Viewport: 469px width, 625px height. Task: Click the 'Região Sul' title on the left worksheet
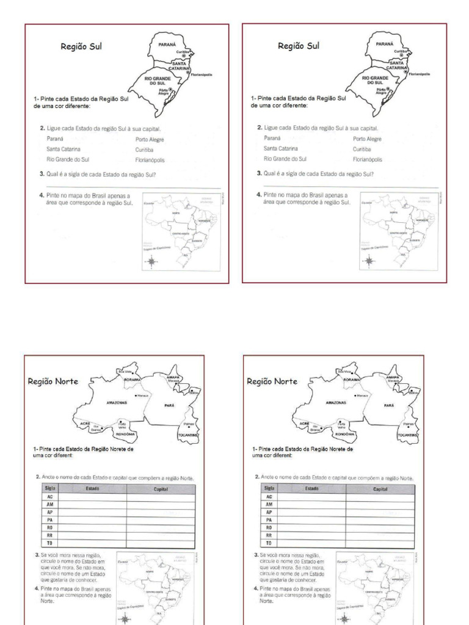click(x=81, y=46)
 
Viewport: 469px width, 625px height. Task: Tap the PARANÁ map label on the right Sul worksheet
click(x=384, y=45)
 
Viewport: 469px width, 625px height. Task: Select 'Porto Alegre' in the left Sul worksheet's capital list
click(x=150, y=139)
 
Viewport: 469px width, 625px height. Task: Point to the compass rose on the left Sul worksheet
click(x=151, y=262)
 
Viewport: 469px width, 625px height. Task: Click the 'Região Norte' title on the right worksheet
click(x=272, y=381)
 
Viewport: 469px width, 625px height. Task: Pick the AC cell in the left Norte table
click(x=49, y=497)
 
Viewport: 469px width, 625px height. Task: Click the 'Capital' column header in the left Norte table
click(x=161, y=489)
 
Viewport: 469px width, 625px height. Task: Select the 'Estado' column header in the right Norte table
click(x=311, y=489)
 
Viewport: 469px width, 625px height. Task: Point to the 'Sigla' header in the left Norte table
click(x=49, y=489)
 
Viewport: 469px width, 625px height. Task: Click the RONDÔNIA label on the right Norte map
click(x=344, y=434)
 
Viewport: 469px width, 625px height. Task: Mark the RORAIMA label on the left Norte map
click(x=133, y=380)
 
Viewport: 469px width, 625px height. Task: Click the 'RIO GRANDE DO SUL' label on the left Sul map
click(x=156, y=81)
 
